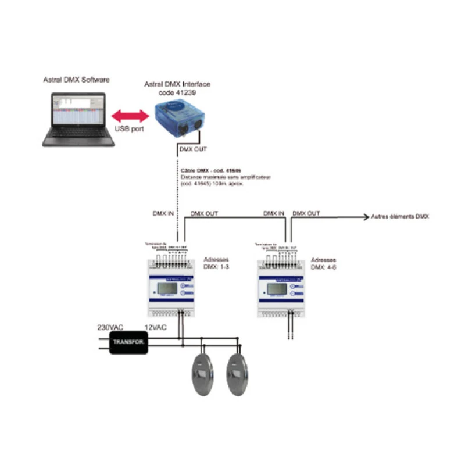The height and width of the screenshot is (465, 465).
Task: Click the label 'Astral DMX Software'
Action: (76, 79)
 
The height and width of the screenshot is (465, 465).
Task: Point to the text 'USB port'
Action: (129, 129)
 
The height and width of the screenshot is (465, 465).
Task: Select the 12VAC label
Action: (155, 328)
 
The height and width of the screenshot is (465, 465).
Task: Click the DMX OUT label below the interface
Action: (194, 149)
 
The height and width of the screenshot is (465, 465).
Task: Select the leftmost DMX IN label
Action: (163, 213)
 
